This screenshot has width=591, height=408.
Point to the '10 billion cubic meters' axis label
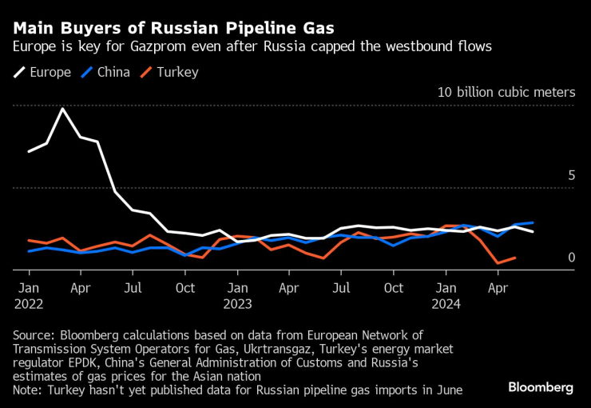click(x=506, y=92)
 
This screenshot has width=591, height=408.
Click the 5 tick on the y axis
click(x=571, y=174)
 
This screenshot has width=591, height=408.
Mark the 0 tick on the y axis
click(x=571, y=258)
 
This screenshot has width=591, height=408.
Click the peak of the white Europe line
click(x=63, y=108)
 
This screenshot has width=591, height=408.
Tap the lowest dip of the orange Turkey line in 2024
click(x=498, y=262)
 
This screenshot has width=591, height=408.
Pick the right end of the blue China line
click(x=533, y=222)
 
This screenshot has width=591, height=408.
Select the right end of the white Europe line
click(x=533, y=231)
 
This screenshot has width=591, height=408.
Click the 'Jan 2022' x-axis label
click(x=29, y=295)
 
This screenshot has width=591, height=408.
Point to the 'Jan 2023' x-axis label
click(x=237, y=295)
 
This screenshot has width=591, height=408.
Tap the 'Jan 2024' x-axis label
click(x=446, y=295)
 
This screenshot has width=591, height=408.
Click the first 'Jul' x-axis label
click(x=133, y=287)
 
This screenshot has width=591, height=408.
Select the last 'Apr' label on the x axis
click(x=498, y=287)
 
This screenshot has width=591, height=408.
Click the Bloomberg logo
click(x=541, y=387)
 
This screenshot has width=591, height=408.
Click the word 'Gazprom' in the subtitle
click(x=169, y=46)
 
